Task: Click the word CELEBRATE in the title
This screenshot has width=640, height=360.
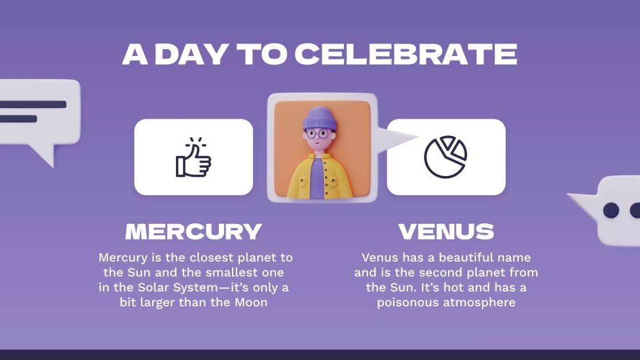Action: (406, 54)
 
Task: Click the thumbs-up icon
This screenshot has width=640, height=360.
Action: (193, 157)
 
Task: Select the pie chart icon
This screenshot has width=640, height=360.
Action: (446, 157)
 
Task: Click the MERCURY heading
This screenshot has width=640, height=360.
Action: (194, 231)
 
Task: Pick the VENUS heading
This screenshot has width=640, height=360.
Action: (446, 231)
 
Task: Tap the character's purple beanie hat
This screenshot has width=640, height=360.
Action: (318, 119)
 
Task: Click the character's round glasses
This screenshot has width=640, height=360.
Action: (317, 135)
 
